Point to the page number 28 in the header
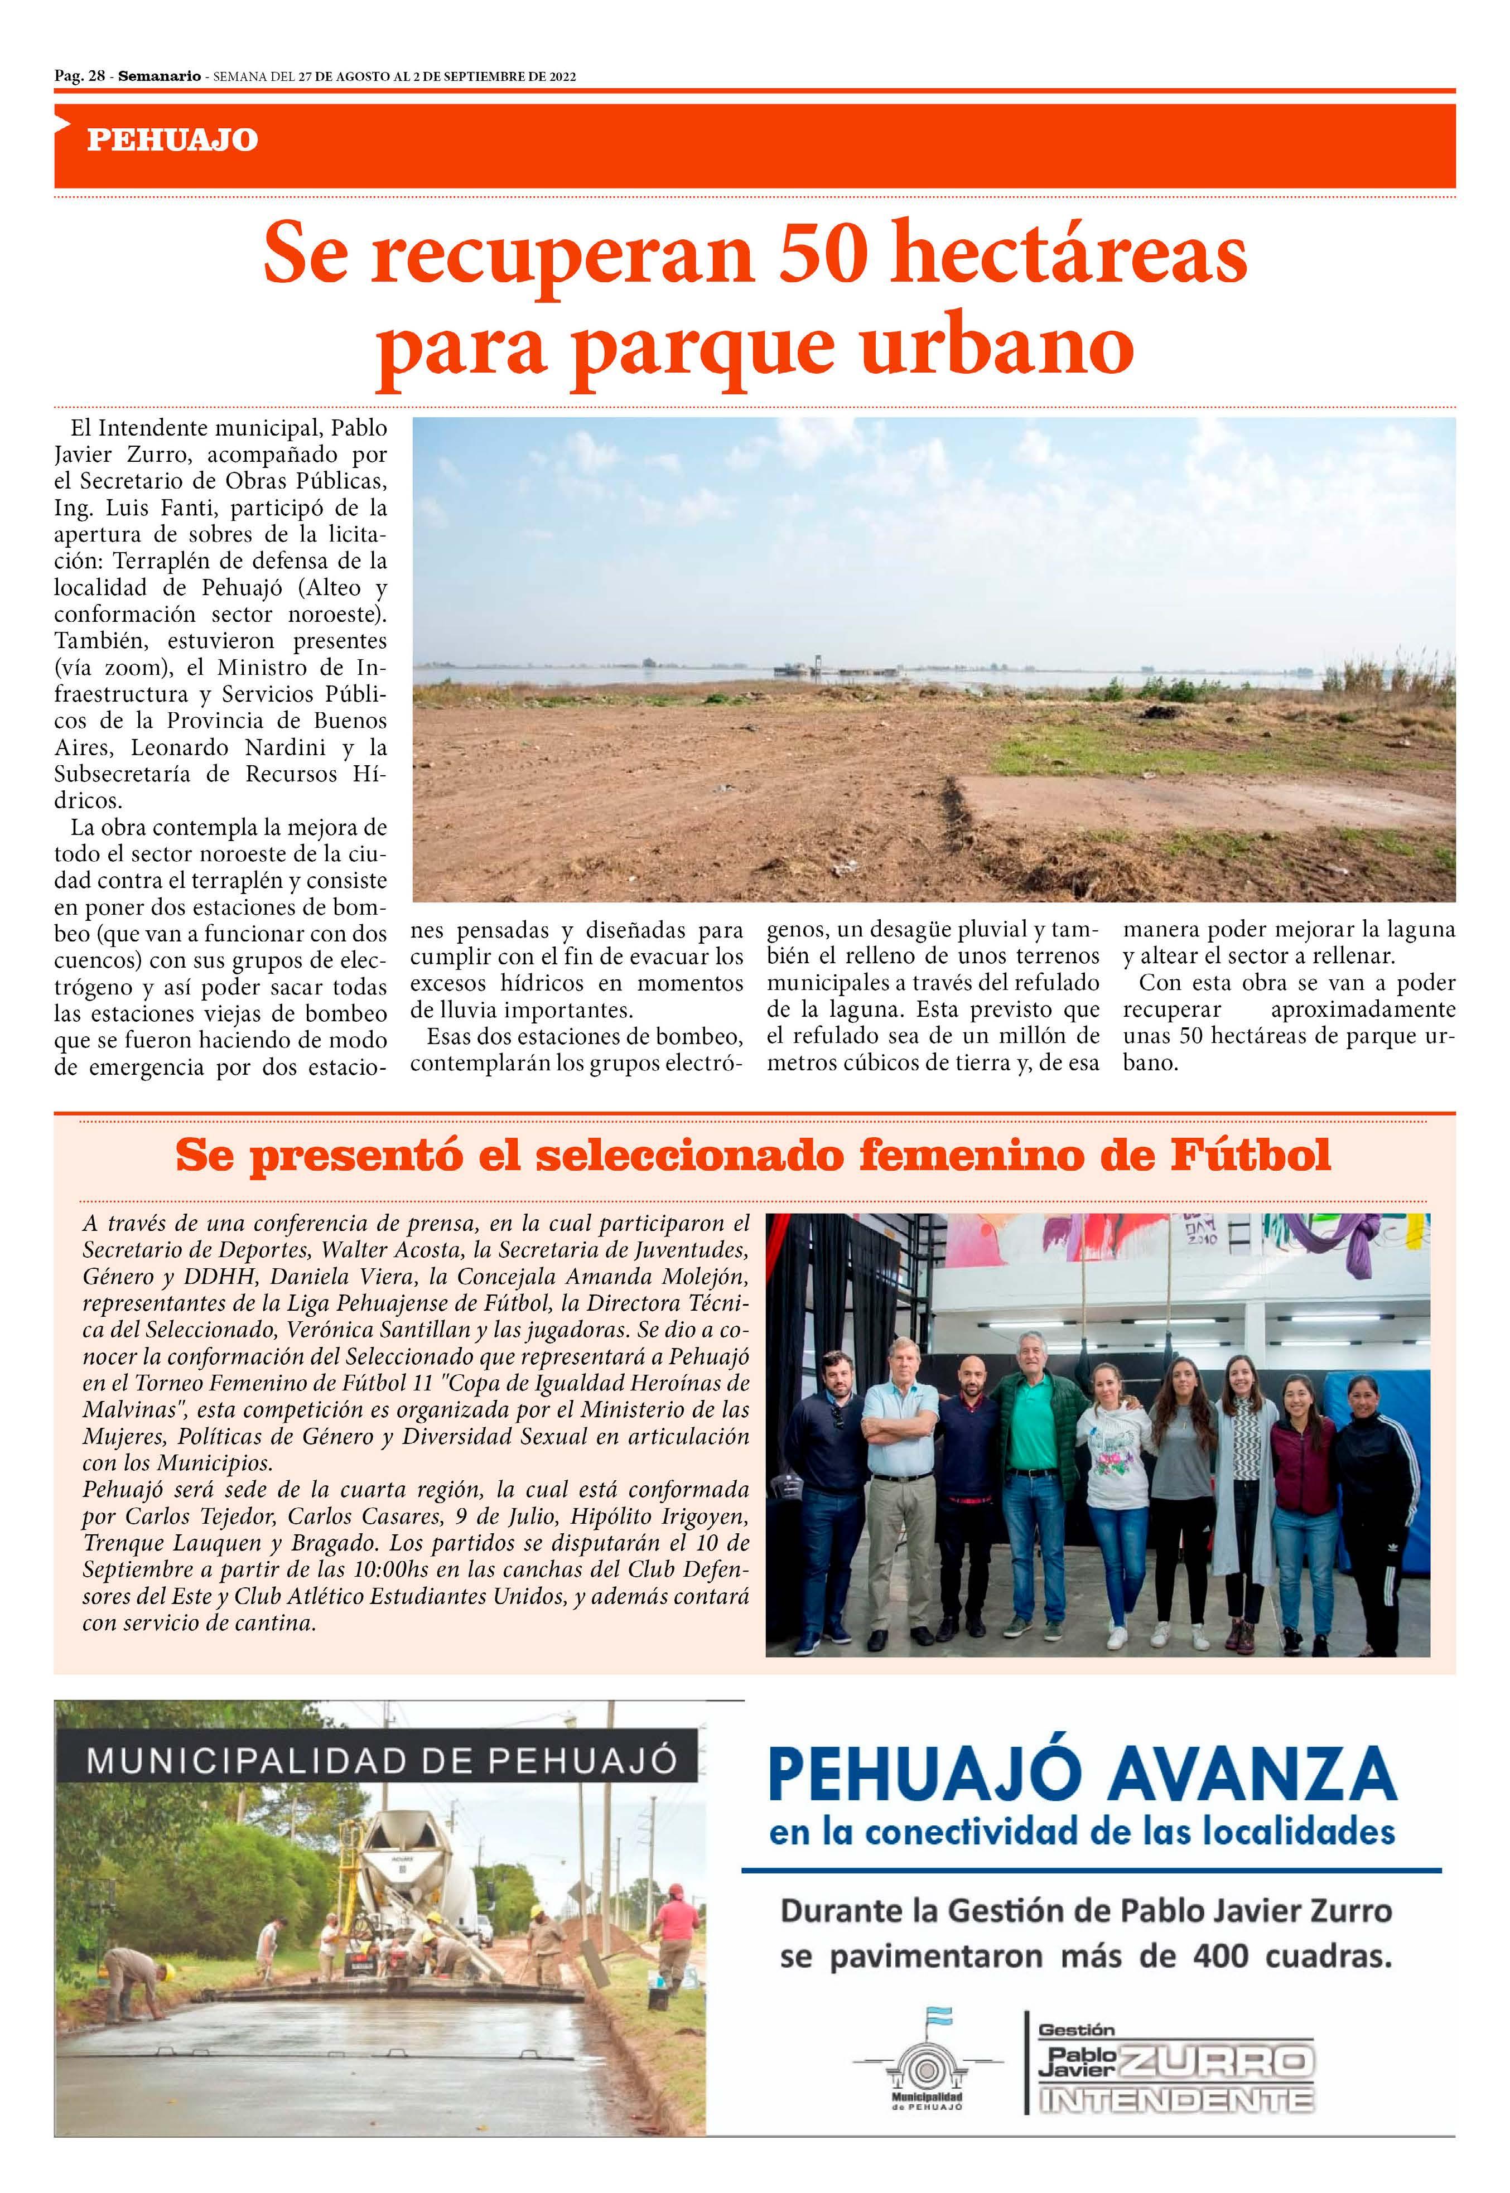coord(95,76)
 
